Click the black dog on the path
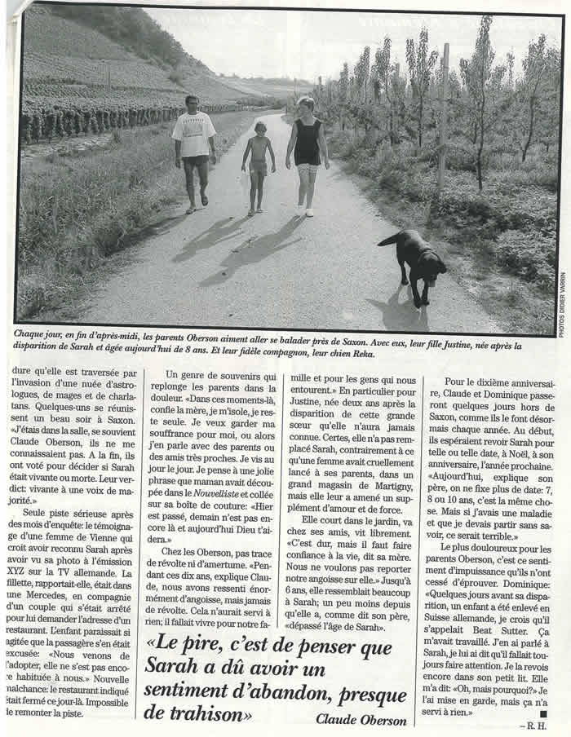tap(417, 261)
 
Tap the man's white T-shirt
tap(194, 135)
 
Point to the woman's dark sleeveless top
tap(308, 143)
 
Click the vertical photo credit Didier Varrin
tap(562, 302)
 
